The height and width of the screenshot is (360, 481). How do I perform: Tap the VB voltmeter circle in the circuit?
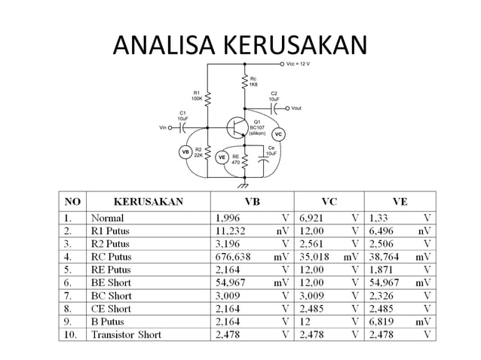point(185,152)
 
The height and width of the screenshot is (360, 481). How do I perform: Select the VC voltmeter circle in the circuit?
point(278,135)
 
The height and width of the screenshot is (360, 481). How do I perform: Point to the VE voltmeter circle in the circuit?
point(222,157)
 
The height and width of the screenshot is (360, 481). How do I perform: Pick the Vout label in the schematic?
point(296,108)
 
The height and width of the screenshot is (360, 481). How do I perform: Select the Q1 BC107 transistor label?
point(257,127)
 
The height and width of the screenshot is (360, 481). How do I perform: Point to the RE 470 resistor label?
point(235,159)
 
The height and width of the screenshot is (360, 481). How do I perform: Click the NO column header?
point(72,202)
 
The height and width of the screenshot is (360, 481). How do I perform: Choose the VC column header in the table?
point(329,202)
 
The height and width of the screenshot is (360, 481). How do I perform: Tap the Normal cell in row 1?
point(109,218)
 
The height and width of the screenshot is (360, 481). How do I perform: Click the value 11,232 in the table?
point(232,231)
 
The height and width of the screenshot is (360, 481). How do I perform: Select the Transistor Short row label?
point(127,334)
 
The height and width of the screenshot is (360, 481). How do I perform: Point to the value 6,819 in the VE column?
point(385,322)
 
